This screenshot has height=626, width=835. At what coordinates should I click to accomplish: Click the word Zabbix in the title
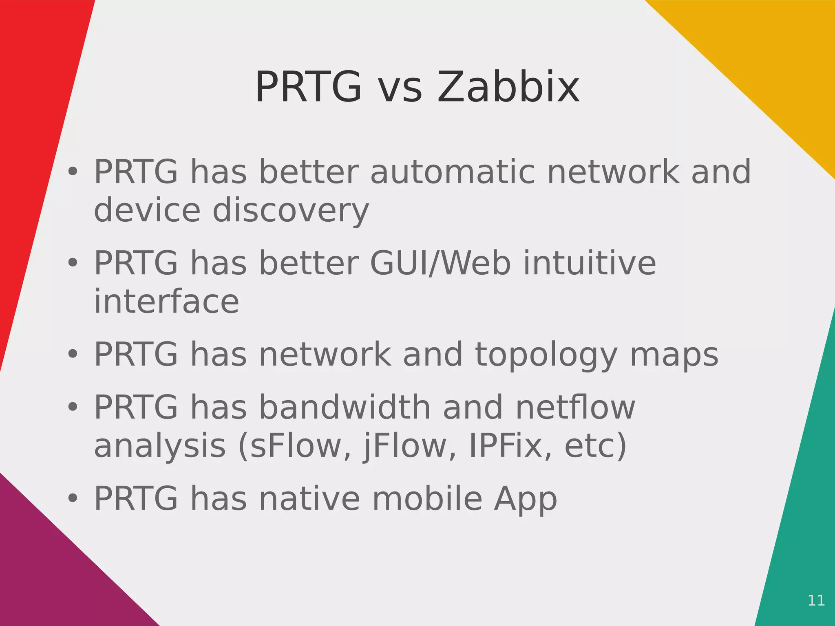pos(508,87)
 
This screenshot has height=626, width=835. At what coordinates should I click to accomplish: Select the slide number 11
pos(816,600)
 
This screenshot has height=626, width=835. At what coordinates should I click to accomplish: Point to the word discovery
pos(291,211)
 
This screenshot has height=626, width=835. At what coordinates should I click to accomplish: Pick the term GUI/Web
pos(440,263)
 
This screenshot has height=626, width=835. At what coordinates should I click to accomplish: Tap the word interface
pos(166,302)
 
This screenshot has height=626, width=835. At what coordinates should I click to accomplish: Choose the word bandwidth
pos(345,407)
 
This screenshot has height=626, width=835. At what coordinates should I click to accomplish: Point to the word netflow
pos(575,407)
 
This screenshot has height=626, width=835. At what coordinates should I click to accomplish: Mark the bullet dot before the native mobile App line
pos(73,498)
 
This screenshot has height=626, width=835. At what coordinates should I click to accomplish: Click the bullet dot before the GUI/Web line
pos(73,263)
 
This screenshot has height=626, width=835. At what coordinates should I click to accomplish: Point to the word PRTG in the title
pos(308,87)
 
